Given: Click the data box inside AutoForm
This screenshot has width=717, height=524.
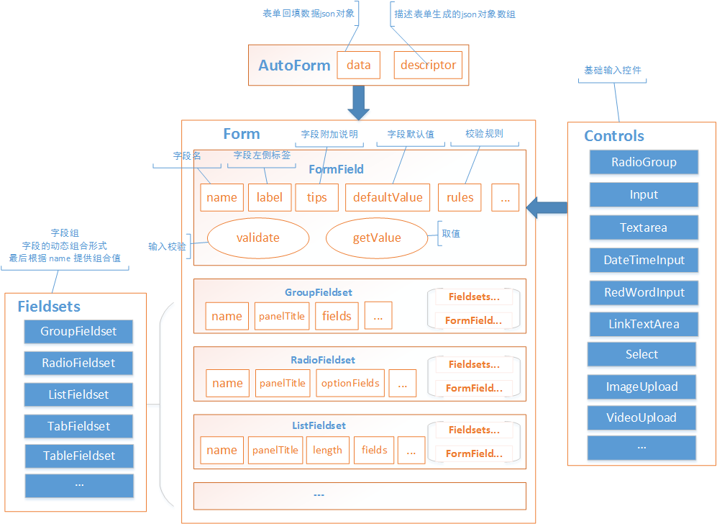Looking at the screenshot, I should click(358, 65).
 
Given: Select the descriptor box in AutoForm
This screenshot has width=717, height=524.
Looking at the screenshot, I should click(428, 65).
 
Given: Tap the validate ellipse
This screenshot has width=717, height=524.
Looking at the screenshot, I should click(257, 238).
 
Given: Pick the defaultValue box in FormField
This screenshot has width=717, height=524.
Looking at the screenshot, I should click(388, 197).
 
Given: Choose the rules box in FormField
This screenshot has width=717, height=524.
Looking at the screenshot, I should click(460, 197).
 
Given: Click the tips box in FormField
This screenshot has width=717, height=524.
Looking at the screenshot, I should click(316, 197).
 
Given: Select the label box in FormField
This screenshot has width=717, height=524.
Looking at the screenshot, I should click(269, 197).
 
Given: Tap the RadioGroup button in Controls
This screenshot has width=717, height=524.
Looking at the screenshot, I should click(644, 162).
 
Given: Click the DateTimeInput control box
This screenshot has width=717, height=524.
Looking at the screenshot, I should click(644, 260).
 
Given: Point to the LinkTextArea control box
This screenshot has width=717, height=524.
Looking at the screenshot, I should click(644, 324).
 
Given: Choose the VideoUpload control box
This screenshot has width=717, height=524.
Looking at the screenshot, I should click(641, 417).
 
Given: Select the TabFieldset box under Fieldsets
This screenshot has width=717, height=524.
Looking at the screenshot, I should click(78, 426).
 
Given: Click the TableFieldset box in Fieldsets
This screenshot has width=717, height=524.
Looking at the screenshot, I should click(79, 456).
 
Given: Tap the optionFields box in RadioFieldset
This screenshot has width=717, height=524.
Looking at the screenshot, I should click(350, 383).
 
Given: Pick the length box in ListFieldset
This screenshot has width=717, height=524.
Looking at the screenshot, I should click(327, 450).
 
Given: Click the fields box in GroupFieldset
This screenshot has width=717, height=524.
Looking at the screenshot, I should click(337, 316).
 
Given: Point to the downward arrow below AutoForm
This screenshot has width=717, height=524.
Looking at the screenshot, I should click(358, 103).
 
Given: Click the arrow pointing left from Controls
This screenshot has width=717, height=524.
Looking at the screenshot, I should click(546, 208).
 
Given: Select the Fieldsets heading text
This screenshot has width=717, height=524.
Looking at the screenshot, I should click(49, 306).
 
